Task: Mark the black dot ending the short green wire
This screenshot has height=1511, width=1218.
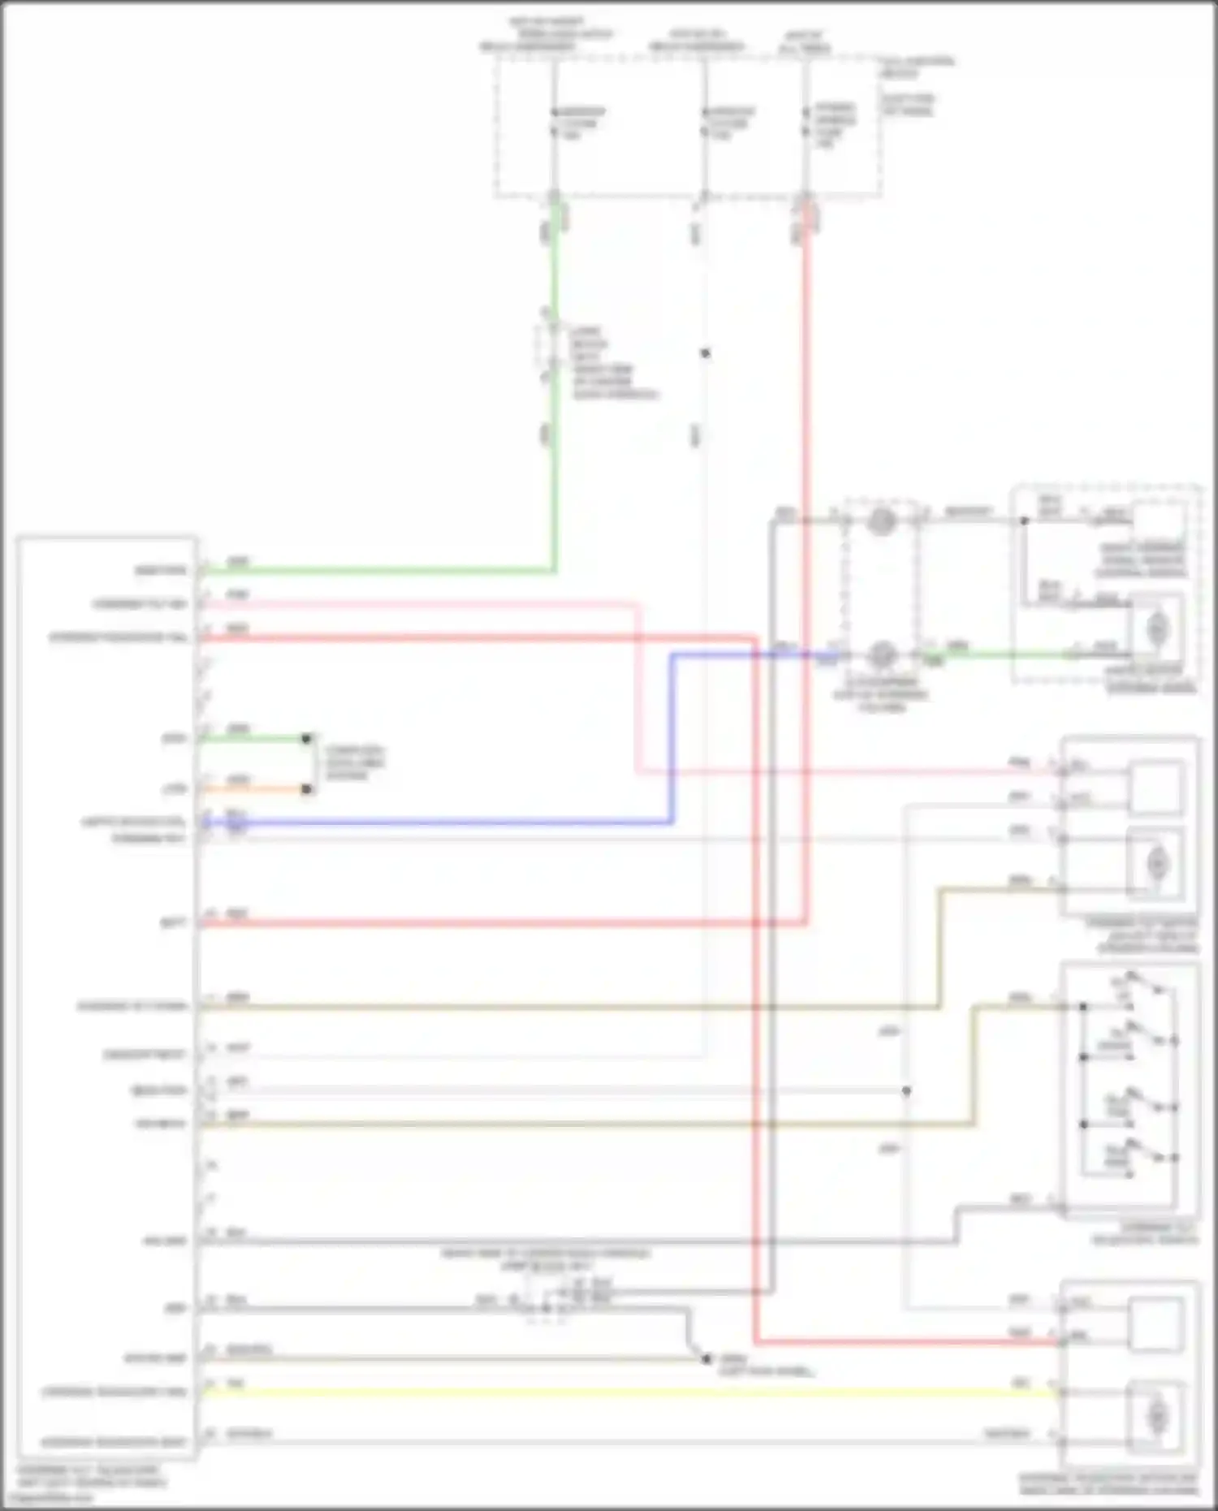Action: (x=306, y=739)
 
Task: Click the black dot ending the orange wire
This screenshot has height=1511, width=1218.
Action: (x=306, y=789)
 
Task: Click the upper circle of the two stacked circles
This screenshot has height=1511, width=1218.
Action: (x=882, y=520)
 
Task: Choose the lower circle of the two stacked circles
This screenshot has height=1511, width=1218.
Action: (x=882, y=654)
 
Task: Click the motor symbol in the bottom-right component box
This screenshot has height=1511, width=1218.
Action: (x=1156, y=1416)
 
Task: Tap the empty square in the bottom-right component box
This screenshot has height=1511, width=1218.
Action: (x=1156, y=1324)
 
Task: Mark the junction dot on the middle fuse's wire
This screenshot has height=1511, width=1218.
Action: (x=705, y=353)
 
